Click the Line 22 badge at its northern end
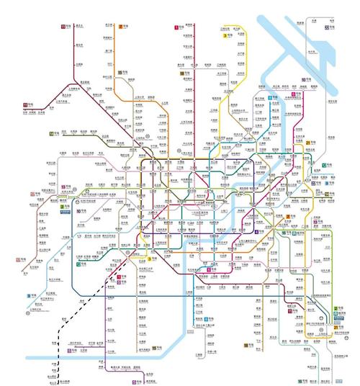(x=327, y=27)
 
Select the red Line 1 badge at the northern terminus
(x=177, y=27)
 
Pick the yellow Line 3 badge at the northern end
(x=225, y=35)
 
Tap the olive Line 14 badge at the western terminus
(x=52, y=134)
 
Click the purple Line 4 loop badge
(x=209, y=268)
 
